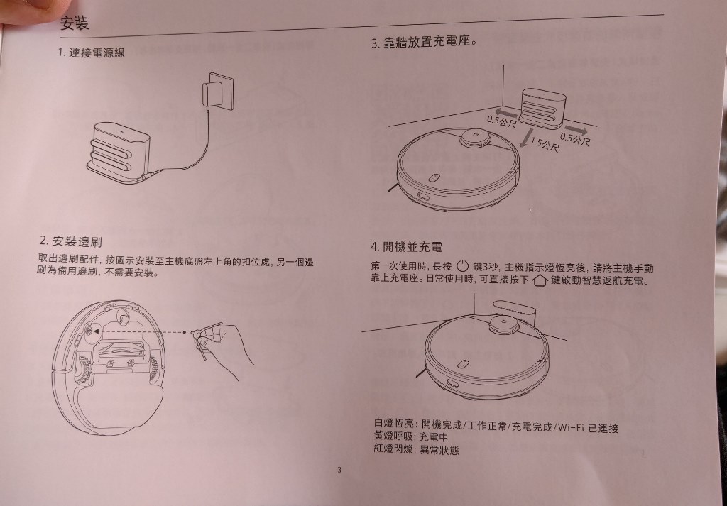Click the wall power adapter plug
217,92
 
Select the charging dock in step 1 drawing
119,152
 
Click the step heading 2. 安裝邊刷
71,241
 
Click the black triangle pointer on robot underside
96,331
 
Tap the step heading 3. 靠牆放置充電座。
425,43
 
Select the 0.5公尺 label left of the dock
501,122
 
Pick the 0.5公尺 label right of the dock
575,138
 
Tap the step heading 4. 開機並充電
407,247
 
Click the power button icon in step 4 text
463,266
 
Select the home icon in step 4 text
540,280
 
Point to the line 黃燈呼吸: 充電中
411,436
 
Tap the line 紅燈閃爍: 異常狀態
416,449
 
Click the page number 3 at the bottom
339,471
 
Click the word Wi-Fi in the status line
570,427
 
